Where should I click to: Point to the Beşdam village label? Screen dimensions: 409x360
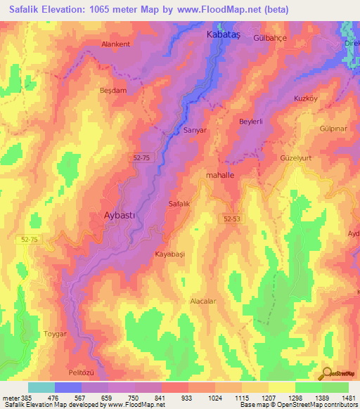tap(112, 91)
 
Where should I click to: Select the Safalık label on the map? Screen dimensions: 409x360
tap(180, 204)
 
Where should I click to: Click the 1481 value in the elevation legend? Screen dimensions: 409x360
tap(339, 398)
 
